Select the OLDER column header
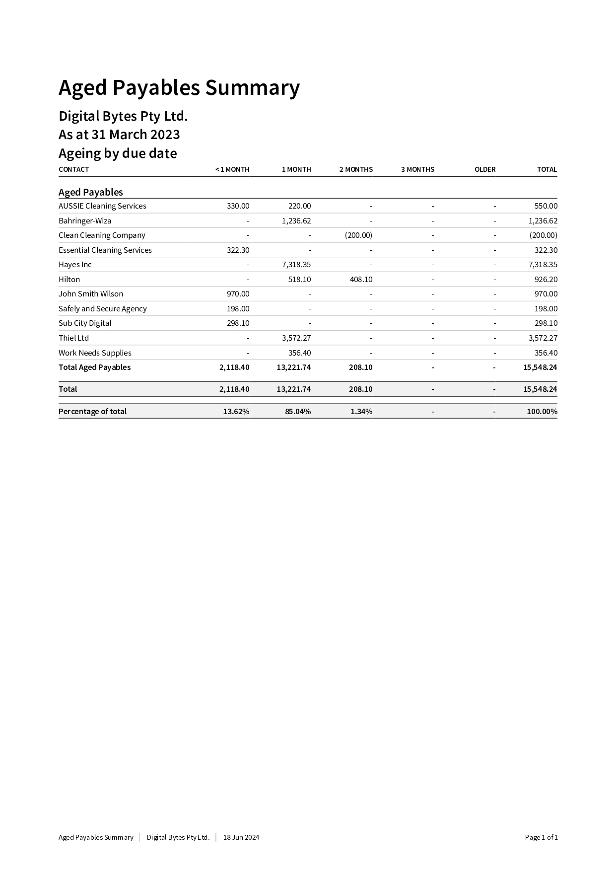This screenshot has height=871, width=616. [484, 169]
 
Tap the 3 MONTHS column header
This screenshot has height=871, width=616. [417, 169]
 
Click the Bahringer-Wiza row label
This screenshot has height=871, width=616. [85, 220]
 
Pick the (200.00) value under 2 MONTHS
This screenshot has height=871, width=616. [358, 235]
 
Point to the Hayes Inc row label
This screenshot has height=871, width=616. [75, 265]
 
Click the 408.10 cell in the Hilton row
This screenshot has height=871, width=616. [361, 280]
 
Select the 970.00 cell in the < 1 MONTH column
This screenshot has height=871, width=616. [238, 294]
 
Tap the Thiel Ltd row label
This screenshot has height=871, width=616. [73, 338]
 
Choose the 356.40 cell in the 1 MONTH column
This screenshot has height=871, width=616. [299, 353]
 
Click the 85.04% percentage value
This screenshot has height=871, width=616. [298, 412]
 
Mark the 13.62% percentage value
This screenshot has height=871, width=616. [236, 412]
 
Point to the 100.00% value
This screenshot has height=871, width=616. [542, 412]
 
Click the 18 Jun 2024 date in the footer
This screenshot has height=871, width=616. [241, 837]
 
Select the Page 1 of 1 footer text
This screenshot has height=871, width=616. [541, 837]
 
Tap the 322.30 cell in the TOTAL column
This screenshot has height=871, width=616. [546, 250]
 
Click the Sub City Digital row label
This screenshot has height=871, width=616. [85, 323]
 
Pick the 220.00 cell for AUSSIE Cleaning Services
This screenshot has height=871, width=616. [299, 206]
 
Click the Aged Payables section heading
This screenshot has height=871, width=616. [91, 192]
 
